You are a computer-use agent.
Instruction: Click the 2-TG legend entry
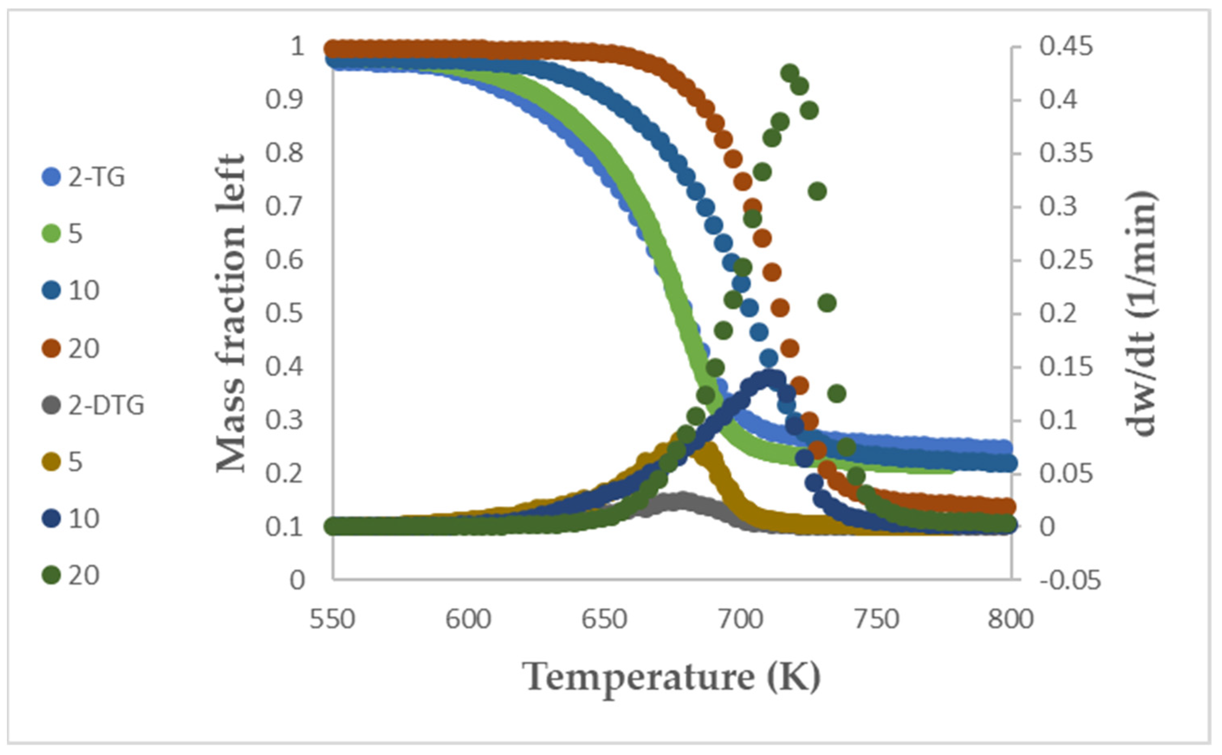point(83,177)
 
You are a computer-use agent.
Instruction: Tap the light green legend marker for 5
point(51,233)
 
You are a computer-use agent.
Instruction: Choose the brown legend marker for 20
point(51,348)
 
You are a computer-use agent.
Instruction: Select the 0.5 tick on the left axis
point(284,314)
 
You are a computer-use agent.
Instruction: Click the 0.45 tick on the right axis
point(1066,47)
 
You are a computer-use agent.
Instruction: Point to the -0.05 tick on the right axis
point(1070,581)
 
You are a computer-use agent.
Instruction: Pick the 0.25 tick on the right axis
point(1066,260)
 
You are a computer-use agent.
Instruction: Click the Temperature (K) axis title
point(672,678)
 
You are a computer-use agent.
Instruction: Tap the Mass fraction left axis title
point(231,314)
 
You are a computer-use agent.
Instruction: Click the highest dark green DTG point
point(790,73)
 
